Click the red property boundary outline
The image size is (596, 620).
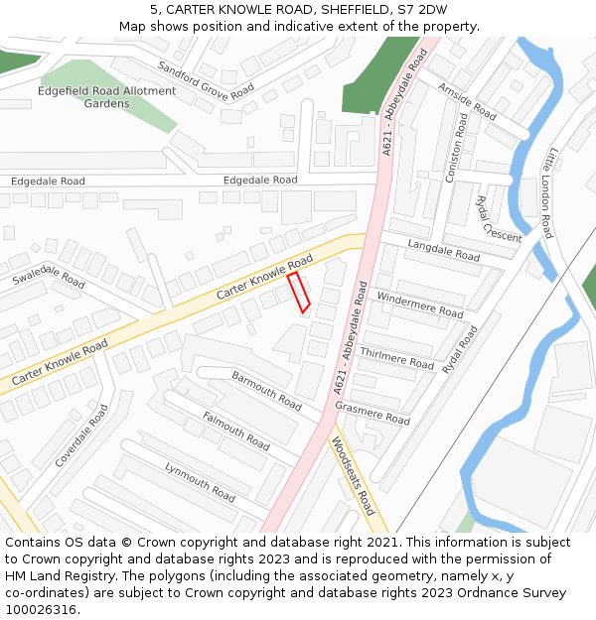[299, 292]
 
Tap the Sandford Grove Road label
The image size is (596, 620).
[206, 80]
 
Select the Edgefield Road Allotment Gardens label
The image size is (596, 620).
[107, 97]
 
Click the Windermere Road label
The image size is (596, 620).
[420, 305]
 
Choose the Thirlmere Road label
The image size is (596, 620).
[397, 358]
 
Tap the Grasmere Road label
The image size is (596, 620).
[372, 414]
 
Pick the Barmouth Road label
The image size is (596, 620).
[266, 391]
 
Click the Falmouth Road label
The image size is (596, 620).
[235, 431]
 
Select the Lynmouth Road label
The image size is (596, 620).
[200, 481]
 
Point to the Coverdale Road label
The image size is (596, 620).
[81, 435]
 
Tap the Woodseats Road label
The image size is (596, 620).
[353, 476]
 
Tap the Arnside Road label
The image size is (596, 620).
[467, 101]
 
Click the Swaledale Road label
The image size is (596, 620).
[49, 276]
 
